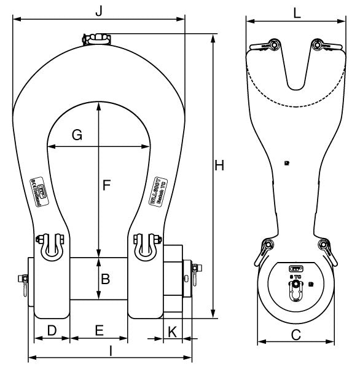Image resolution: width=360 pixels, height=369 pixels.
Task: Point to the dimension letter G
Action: [77, 135]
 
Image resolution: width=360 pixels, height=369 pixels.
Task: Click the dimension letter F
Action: [106, 184]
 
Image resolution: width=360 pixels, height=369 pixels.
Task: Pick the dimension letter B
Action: [105, 279]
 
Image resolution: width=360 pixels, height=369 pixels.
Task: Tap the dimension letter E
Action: [99, 331]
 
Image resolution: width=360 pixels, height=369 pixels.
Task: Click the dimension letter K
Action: [173, 331]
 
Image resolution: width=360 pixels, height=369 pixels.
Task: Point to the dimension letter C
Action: [295, 335]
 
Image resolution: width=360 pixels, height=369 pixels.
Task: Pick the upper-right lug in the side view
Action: [320, 46]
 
